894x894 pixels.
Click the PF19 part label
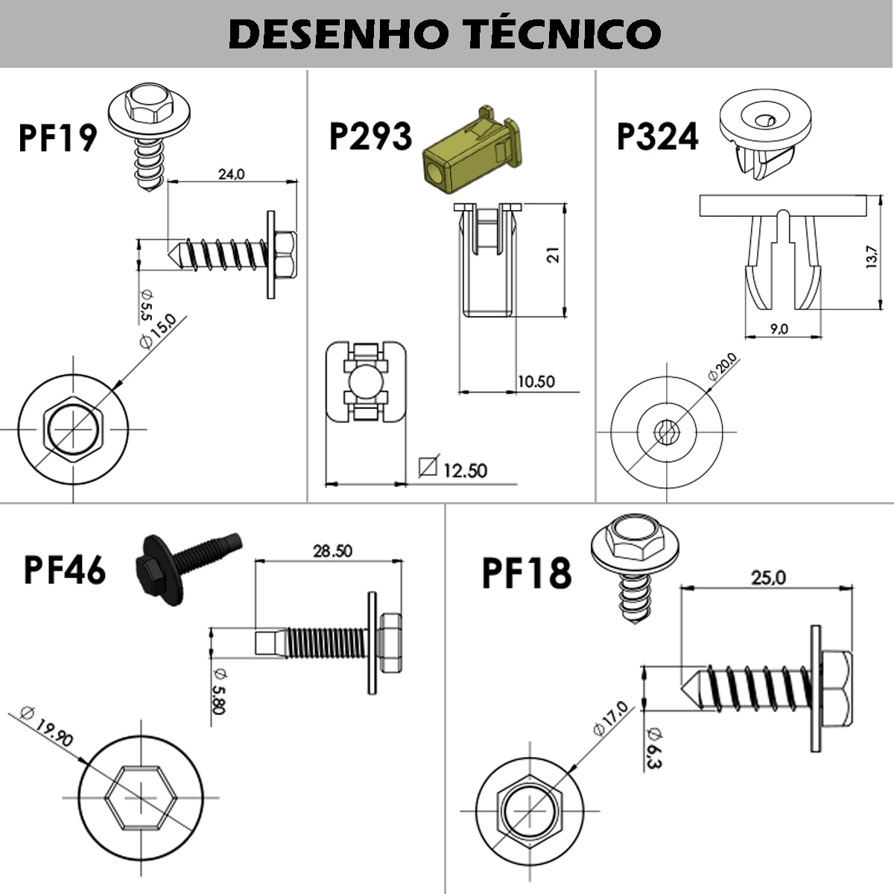57,138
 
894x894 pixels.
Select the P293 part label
370,136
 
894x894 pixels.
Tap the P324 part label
658,136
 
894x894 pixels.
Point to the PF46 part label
65,570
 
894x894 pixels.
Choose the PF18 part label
527,573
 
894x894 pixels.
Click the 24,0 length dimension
231,174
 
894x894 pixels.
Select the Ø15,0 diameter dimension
157,332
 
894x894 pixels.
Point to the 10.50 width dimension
536,381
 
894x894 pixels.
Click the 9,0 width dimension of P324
779,329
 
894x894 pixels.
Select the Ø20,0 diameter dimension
722,368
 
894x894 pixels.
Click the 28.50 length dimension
332,551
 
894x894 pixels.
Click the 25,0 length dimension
768,577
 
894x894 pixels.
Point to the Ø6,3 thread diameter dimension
655,746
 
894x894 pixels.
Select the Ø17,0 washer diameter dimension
611,718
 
